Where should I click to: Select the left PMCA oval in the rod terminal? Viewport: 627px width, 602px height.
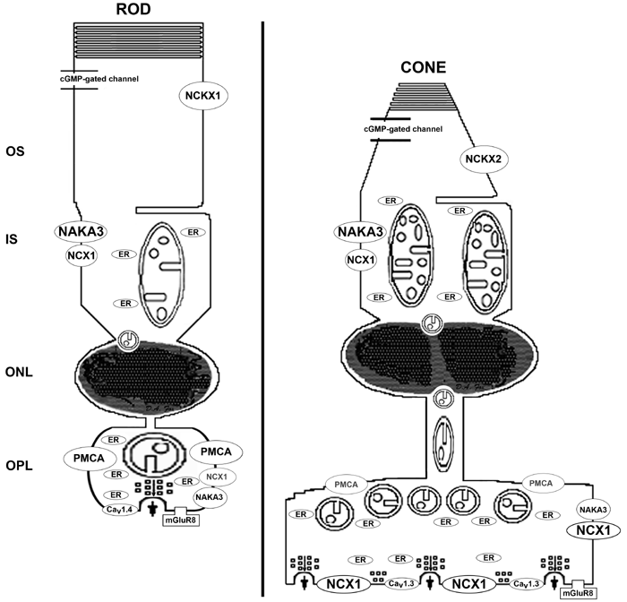click(84, 458)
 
